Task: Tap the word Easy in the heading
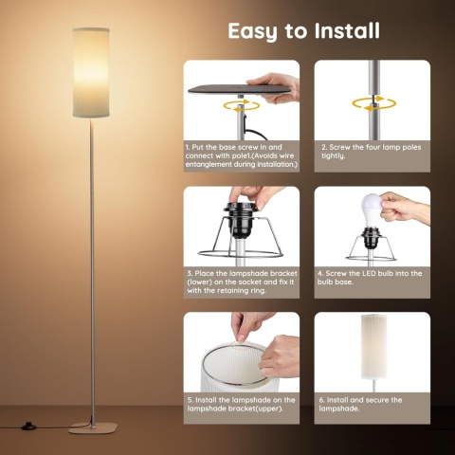(x=253, y=30)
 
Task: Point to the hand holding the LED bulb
(x=406, y=207)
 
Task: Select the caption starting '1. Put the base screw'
(x=241, y=156)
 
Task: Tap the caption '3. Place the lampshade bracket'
(x=241, y=282)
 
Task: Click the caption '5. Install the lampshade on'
(x=241, y=404)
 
